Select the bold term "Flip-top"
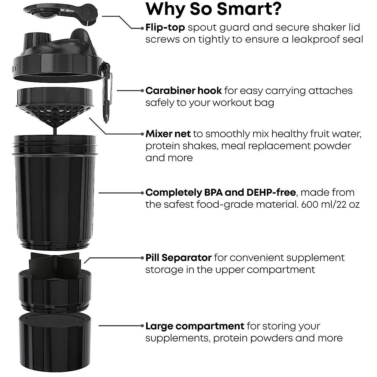(x=165, y=28)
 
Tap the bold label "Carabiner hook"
(x=184, y=91)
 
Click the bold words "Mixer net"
(x=168, y=134)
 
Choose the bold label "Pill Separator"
(x=178, y=258)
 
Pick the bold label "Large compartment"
(x=195, y=326)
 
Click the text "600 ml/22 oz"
(x=330, y=205)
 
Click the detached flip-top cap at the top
(x=60, y=14)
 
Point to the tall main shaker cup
(x=55, y=192)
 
